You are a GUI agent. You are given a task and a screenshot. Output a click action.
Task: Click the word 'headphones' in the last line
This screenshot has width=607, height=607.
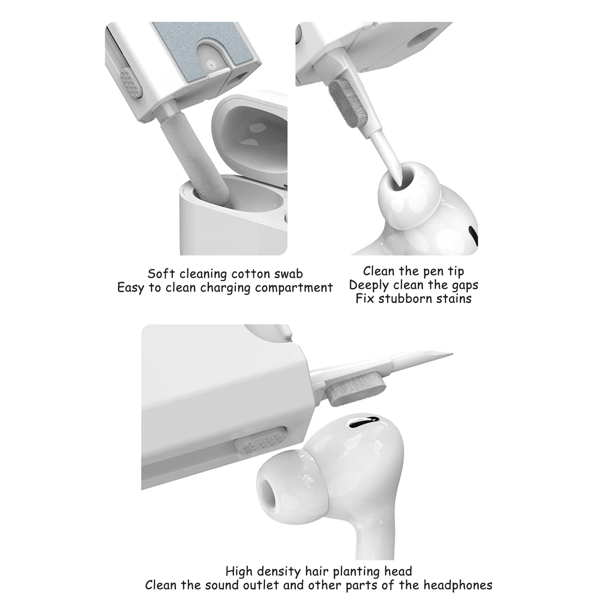(458, 585)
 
